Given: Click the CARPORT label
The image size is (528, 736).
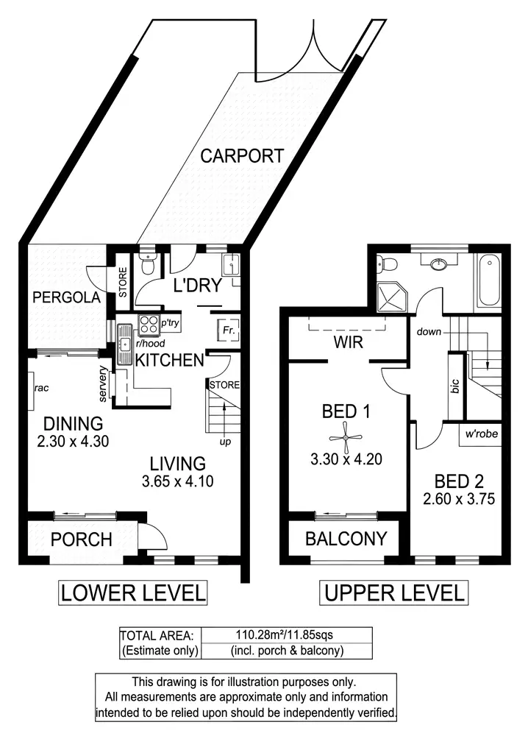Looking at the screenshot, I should [242, 156].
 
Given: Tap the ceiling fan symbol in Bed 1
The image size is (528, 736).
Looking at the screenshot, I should [344, 439].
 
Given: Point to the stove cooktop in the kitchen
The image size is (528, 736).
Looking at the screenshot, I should [147, 322].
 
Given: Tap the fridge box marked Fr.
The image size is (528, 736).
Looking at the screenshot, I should [224, 330].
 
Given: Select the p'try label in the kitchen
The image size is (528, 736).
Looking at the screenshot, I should [170, 323].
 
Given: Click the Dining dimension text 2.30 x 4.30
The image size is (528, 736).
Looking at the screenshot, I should [72, 443].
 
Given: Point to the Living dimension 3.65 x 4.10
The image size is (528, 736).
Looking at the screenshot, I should [178, 483].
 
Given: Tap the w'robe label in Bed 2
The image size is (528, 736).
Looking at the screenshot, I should [481, 434].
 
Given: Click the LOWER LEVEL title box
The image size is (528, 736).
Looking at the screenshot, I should [133, 592].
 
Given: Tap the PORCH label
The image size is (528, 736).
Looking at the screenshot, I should [82, 539].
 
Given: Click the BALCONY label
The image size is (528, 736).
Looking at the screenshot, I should [346, 539].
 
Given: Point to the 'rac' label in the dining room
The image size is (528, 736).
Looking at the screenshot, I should [40, 388].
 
